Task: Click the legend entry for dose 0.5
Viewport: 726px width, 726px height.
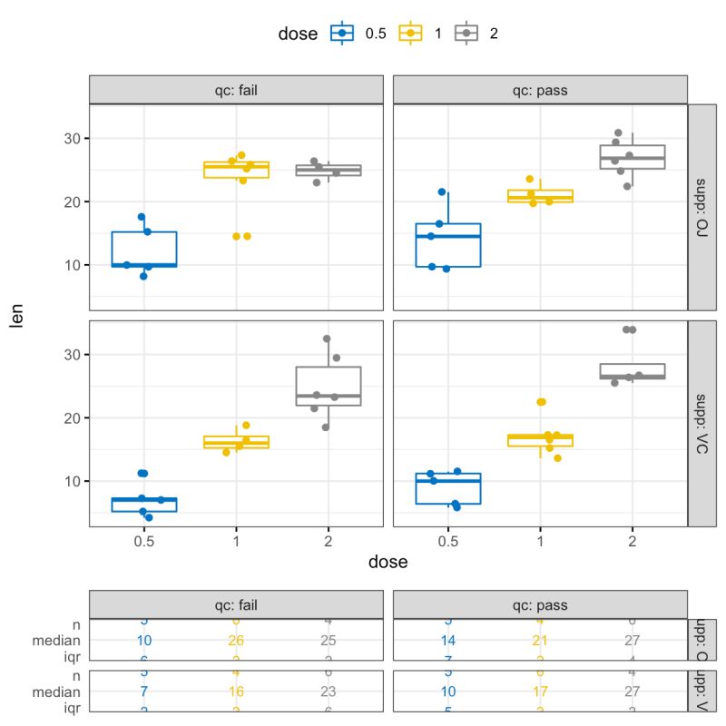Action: click(341, 34)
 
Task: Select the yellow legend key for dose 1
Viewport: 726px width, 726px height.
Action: click(410, 34)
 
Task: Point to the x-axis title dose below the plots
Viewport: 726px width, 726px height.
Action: click(388, 562)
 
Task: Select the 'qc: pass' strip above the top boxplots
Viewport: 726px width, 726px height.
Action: click(540, 90)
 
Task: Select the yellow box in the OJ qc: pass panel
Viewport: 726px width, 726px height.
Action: click(540, 196)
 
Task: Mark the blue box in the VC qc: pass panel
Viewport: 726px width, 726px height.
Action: click(447, 488)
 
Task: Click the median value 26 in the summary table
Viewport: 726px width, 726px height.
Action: click(237, 641)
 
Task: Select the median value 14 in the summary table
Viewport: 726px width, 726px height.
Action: click(447, 641)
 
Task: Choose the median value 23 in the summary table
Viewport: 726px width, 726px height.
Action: click(329, 691)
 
